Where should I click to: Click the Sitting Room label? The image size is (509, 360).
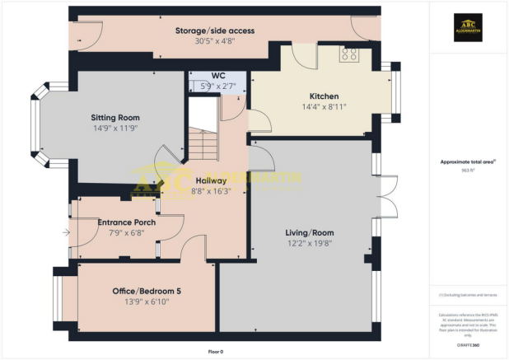tap(114, 118)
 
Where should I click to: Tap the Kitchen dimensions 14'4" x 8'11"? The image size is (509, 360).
tap(324, 106)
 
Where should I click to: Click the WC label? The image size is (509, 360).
tap(218, 75)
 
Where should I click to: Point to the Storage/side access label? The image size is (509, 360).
tap(214, 30)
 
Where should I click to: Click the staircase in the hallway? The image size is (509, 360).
tap(200, 132)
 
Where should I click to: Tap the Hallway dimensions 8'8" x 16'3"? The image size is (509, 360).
tap(212, 190)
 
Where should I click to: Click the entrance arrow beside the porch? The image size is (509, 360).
tap(66, 233)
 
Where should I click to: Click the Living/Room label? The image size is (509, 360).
tap(309, 232)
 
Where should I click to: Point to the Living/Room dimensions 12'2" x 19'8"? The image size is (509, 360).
tap(309, 243)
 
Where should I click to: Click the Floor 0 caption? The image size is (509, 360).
tap(215, 352)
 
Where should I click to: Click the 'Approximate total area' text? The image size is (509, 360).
tap(468, 161)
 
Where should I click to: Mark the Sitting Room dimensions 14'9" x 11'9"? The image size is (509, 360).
tap(114, 129)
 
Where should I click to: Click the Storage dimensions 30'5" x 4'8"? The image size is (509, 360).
tap(214, 41)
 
